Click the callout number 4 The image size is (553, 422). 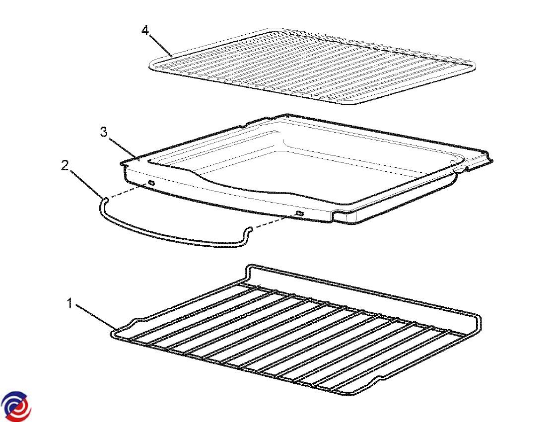pos(145,30)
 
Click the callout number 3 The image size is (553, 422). pos(104,132)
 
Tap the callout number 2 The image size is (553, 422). pos(65,165)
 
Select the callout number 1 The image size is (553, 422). pos(70,303)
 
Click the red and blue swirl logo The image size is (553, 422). pos(16,406)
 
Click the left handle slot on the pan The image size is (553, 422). pos(151,183)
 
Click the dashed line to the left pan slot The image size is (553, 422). pos(127,191)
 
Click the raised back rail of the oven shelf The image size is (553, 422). pos(363,289)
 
